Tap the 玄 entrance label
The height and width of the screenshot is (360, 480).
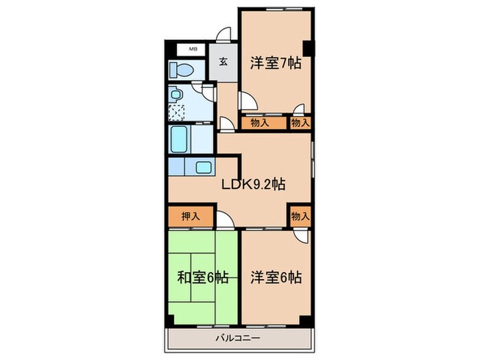(x=224, y=62)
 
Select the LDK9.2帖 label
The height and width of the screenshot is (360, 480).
(x=253, y=184)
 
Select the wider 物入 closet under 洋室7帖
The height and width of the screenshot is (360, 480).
(x=261, y=123)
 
